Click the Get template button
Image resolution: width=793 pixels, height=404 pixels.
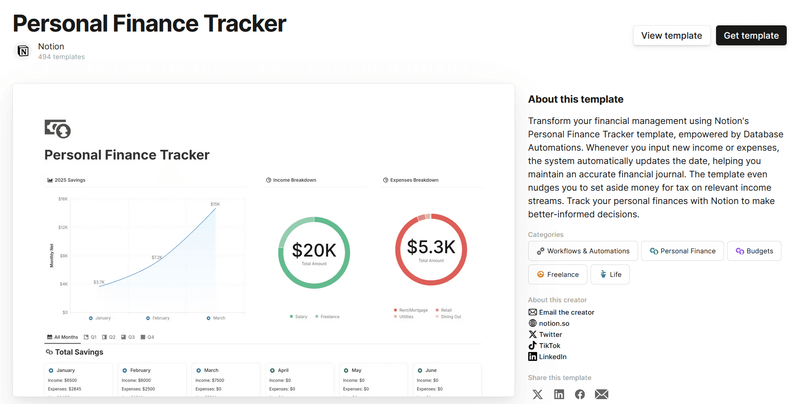(x=751, y=36)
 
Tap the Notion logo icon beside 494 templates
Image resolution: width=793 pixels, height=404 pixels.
(x=23, y=51)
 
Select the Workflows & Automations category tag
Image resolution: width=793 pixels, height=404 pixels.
(x=583, y=251)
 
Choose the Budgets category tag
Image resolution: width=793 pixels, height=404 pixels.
(x=754, y=251)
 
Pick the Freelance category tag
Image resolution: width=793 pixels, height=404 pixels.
(x=558, y=275)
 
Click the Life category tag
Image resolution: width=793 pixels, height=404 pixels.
(x=610, y=275)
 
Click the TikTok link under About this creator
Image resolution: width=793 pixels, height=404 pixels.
(x=549, y=346)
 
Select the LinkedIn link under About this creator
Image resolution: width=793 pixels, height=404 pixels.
(x=552, y=357)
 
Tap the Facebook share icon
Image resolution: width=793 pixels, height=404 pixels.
(x=580, y=394)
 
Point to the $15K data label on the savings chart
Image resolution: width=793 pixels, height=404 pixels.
(x=215, y=204)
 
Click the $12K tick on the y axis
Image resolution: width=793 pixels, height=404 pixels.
(x=63, y=228)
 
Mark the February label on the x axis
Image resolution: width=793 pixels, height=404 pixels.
(x=161, y=318)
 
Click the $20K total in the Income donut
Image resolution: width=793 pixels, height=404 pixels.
(x=314, y=251)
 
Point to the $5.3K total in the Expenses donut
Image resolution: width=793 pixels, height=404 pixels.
(x=431, y=247)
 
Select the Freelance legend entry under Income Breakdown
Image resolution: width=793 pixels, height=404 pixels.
(x=329, y=317)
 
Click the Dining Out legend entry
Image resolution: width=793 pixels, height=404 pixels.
(x=450, y=317)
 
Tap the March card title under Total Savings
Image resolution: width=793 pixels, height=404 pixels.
(x=211, y=370)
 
